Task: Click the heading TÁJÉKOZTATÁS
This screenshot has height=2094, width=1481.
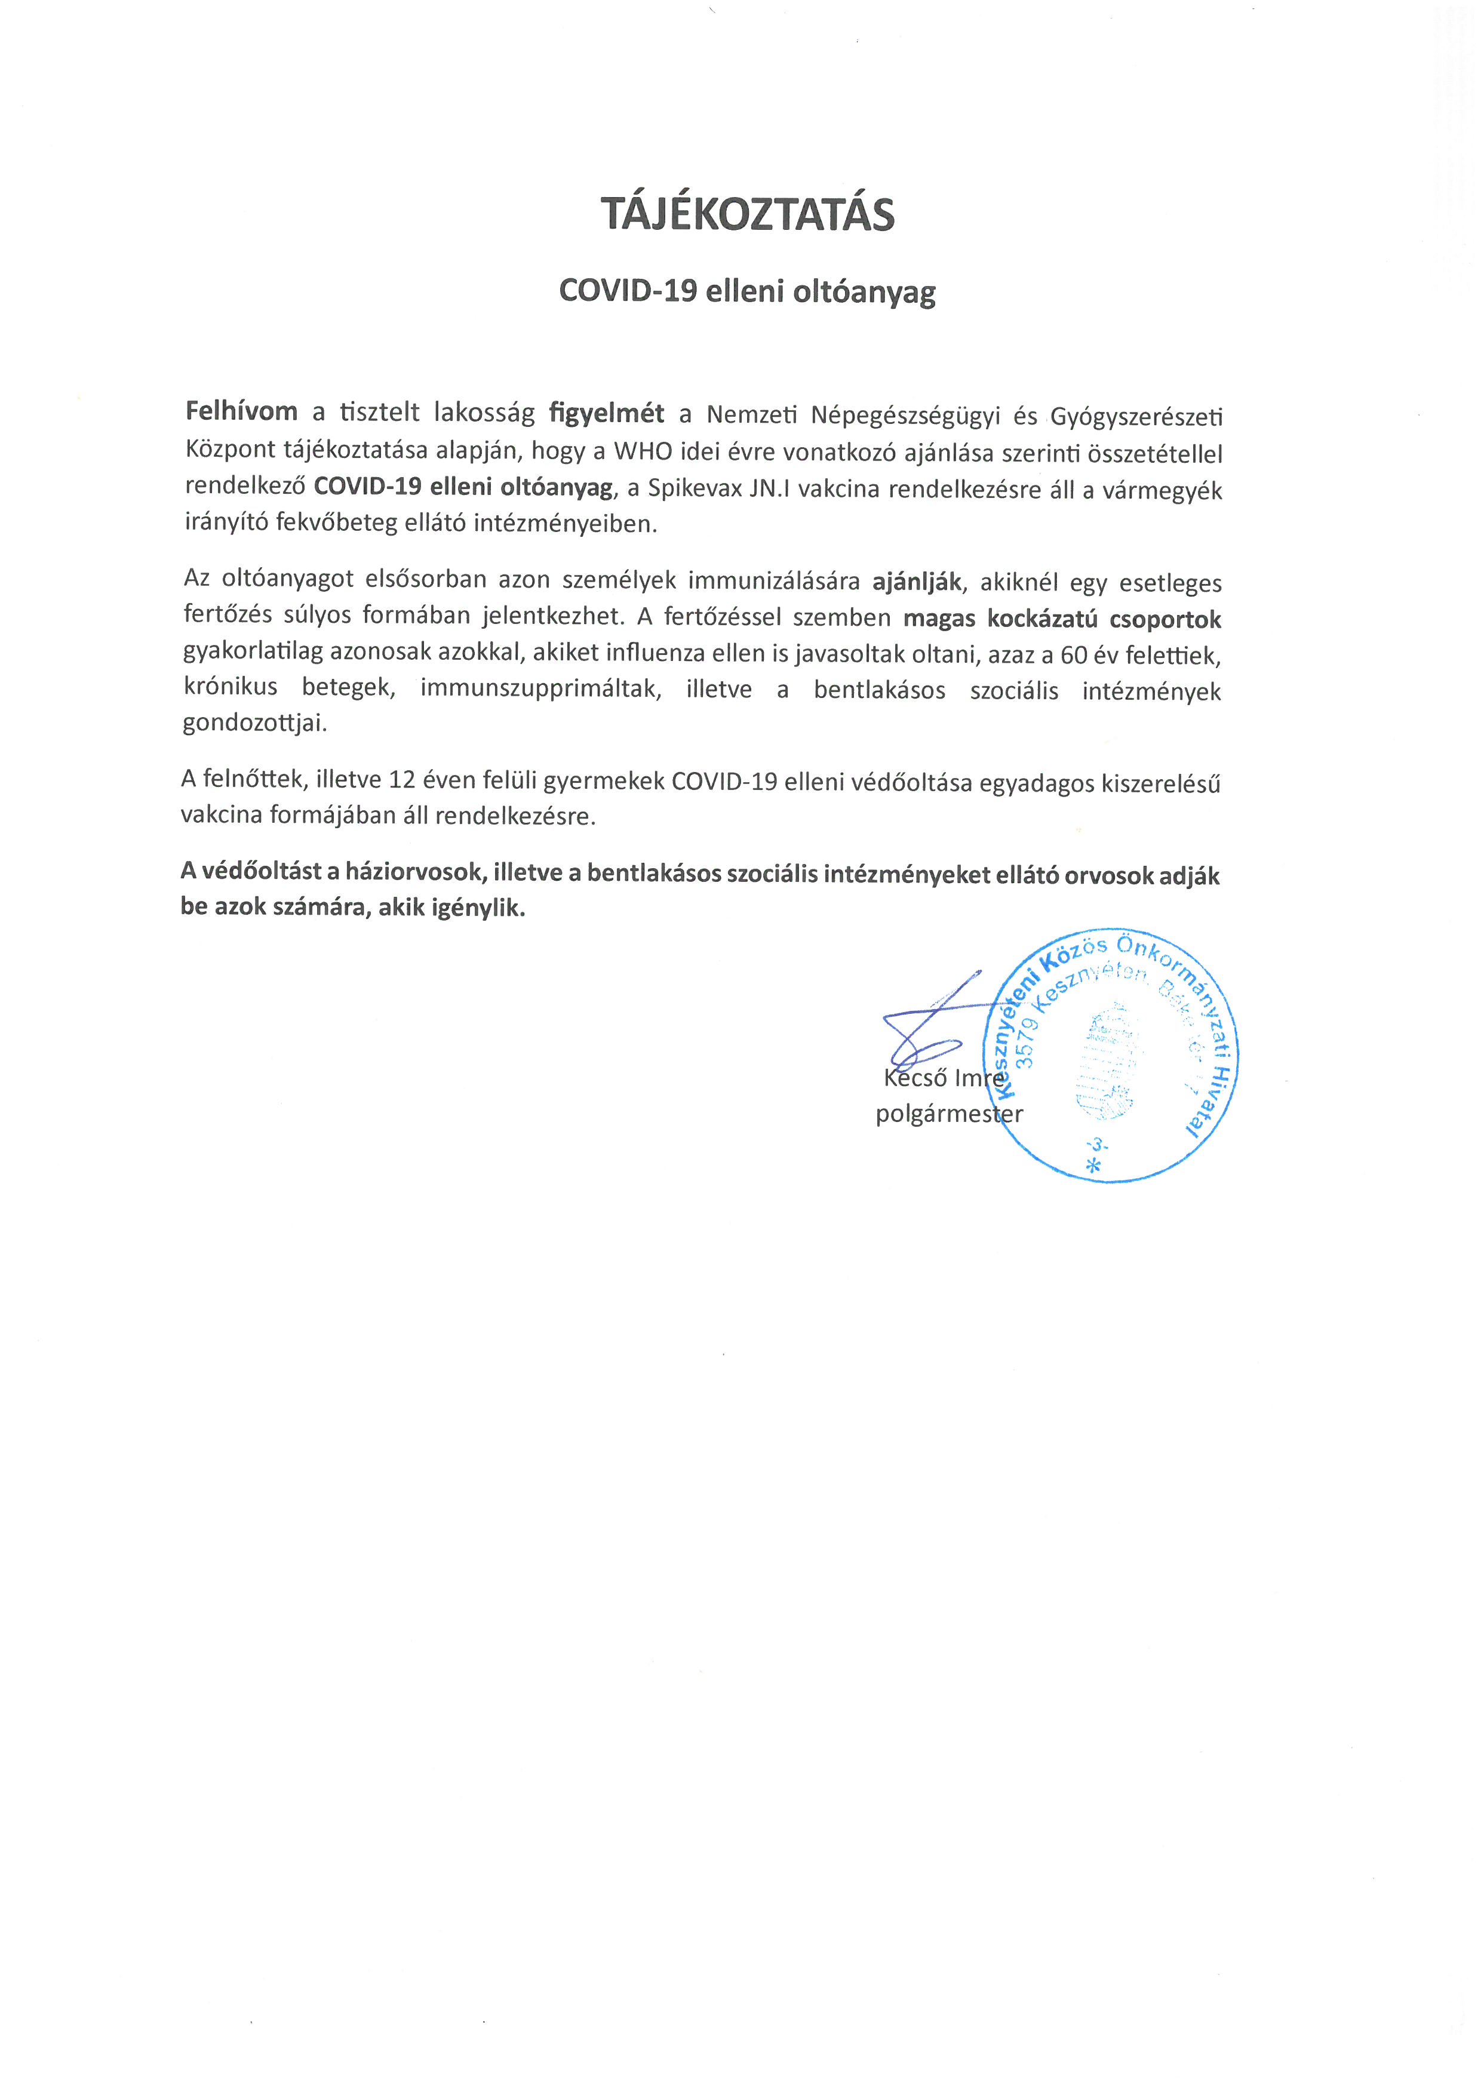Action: point(747,214)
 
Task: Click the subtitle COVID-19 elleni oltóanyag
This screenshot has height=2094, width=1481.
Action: point(747,292)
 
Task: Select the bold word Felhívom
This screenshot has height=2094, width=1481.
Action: point(242,411)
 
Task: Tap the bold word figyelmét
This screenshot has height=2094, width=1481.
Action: point(607,413)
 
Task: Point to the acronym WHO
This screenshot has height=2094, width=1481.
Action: point(643,453)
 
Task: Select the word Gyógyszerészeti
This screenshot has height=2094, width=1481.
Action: point(1136,417)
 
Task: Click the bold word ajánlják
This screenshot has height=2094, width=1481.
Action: point(917,582)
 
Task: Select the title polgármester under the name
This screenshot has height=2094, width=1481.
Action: point(948,1114)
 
